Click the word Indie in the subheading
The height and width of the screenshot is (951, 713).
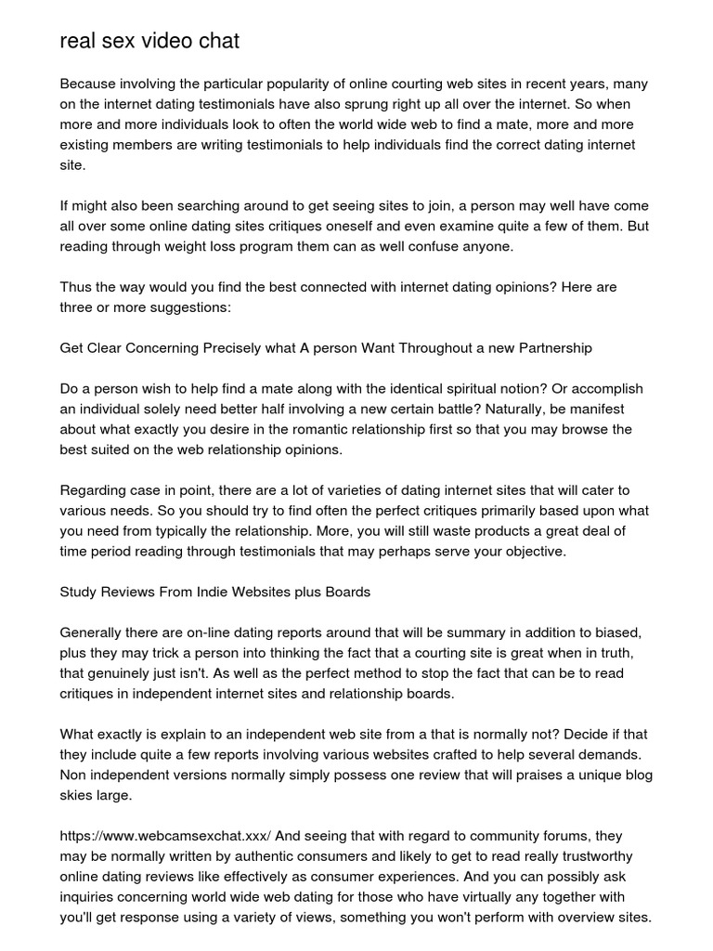[x=210, y=593]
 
